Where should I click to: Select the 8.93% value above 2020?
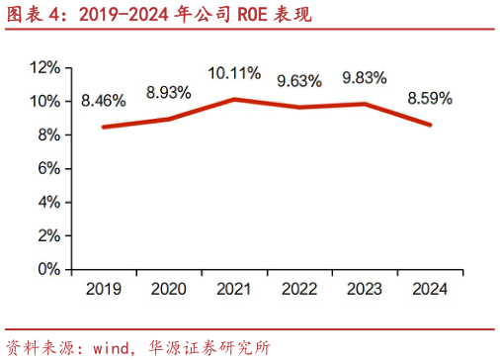coord(169,92)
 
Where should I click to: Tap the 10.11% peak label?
coord(234,73)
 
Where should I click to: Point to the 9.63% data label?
coord(299,81)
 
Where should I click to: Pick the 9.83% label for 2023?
coord(364,78)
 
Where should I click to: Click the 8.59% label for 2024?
coord(429,98)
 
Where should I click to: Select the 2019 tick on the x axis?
coord(104,289)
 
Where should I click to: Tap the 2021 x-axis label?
coord(233,289)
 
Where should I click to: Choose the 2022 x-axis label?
coord(298,289)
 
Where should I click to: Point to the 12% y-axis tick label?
coord(45,67)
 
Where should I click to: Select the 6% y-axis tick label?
coord(49,168)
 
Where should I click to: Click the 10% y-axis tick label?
coord(45,101)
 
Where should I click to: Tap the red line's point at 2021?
coord(233,99)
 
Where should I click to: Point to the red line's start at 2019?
coord(104,127)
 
